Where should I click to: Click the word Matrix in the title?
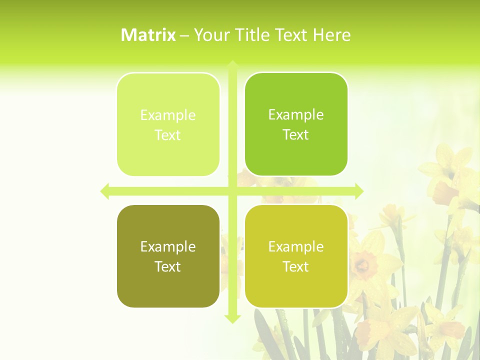[x=148, y=35]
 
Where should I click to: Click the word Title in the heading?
[x=253, y=35]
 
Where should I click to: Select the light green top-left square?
[x=168, y=124]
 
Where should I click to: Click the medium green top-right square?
[x=296, y=124]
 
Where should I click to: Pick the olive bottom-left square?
[x=168, y=256]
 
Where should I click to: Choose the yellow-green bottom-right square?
[x=296, y=256]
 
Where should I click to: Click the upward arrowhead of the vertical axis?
[x=232, y=65]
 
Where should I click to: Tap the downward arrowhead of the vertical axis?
[x=232, y=318]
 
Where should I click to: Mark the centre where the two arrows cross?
[x=232, y=191]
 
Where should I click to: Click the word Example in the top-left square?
[x=168, y=115]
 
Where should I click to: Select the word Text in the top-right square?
[x=296, y=135]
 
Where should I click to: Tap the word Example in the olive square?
[x=168, y=247]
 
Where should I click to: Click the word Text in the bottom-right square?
[x=296, y=267]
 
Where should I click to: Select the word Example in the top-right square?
[x=296, y=115]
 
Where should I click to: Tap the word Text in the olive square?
[x=168, y=267]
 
